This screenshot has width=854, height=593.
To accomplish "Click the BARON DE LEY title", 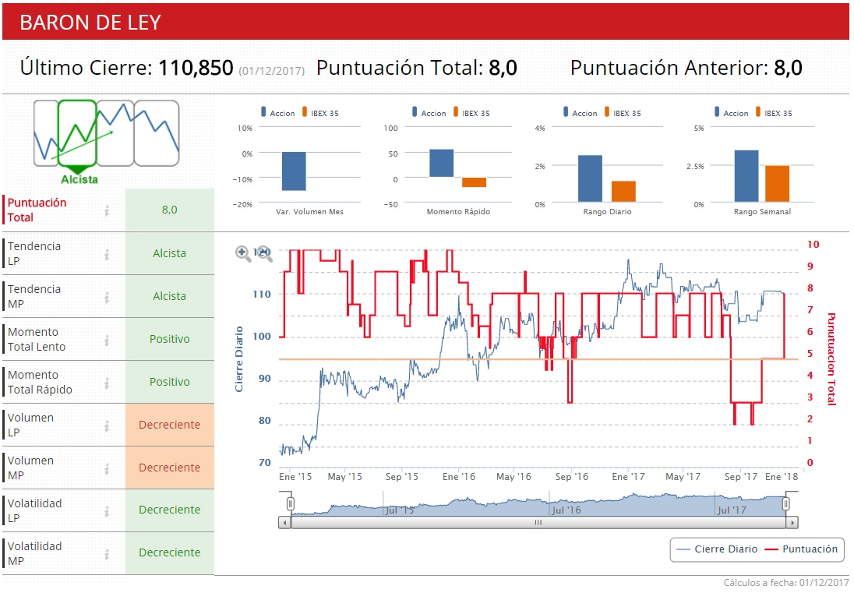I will click(x=90, y=23).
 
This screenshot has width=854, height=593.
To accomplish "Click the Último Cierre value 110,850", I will click(x=196, y=68).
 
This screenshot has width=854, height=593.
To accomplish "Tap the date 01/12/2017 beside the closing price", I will click(x=271, y=71).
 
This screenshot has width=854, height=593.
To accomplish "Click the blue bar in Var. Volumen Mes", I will click(x=294, y=171).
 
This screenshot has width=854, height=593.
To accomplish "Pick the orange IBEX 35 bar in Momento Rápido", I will click(x=474, y=182).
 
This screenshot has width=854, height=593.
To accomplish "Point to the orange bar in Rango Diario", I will click(x=623, y=192).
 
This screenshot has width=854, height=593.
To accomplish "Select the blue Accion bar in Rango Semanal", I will click(x=746, y=176).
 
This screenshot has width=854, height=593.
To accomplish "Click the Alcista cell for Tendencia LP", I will click(x=169, y=253).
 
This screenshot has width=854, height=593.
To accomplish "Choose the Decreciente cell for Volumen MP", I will click(x=169, y=468).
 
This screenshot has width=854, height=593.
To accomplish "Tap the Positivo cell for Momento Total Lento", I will click(x=169, y=339).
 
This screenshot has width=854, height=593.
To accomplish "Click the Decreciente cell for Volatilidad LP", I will click(x=169, y=510).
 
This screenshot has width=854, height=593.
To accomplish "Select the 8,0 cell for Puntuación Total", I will click(x=169, y=210).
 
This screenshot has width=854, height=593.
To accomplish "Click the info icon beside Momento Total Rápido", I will click(x=107, y=383).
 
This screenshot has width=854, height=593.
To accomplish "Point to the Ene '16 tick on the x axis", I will click(x=458, y=476).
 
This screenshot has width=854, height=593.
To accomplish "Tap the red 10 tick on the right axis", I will click(x=813, y=244).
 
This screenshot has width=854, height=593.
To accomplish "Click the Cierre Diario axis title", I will click(x=240, y=358).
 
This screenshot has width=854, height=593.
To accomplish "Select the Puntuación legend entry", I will click(x=802, y=549).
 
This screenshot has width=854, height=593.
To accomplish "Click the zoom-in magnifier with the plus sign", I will click(x=242, y=252).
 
